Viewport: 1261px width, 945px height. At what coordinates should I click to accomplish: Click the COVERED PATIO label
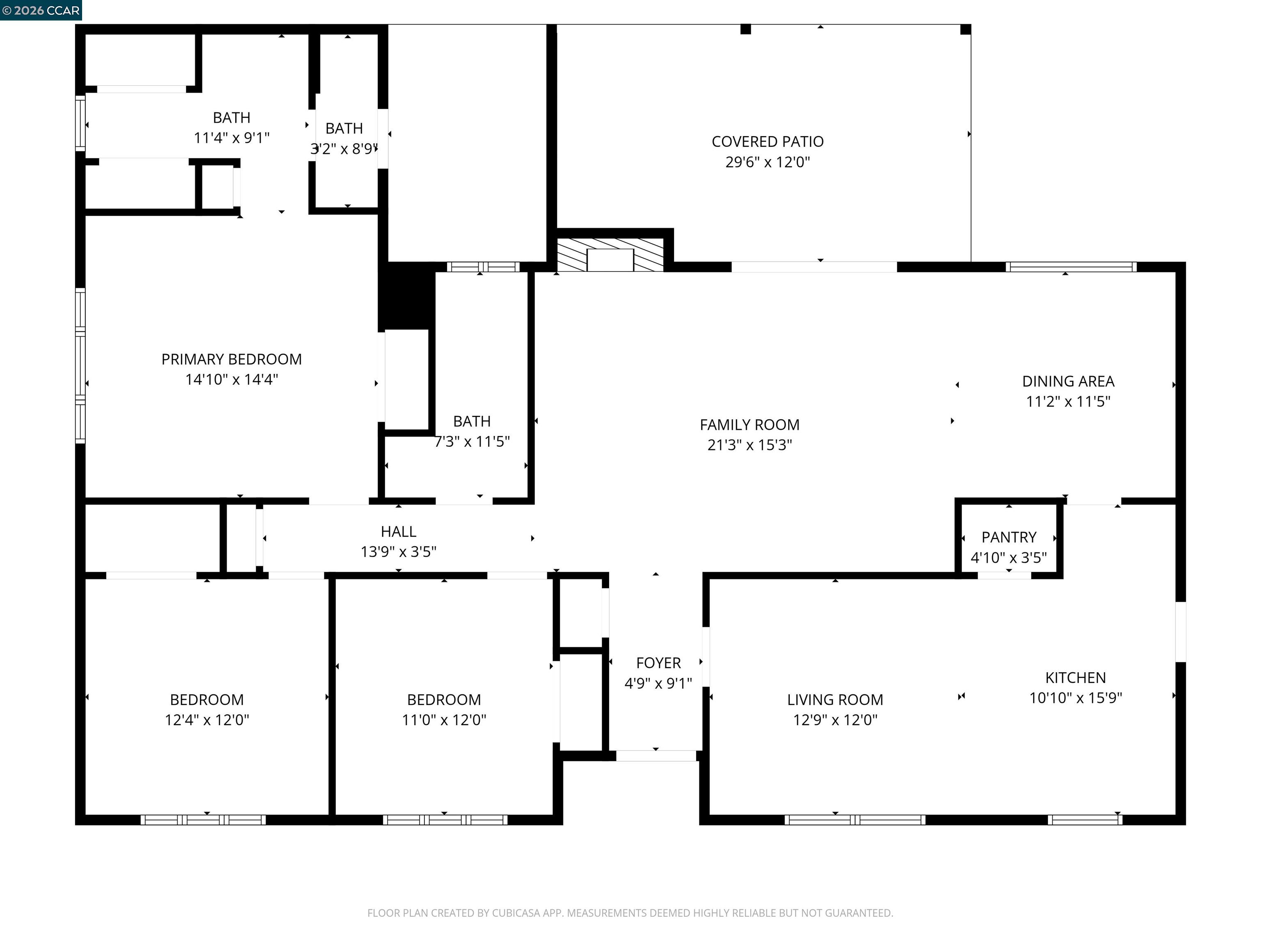(x=767, y=141)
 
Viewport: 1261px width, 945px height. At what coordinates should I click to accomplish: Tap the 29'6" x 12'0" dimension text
(x=767, y=162)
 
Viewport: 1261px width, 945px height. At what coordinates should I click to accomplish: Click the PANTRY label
(x=1009, y=537)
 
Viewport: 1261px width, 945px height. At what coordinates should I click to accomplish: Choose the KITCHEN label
(x=1075, y=677)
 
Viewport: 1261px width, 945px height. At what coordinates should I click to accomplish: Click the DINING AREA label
(x=1068, y=381)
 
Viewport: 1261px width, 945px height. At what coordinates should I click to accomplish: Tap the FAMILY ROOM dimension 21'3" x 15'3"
(x=750, y=445)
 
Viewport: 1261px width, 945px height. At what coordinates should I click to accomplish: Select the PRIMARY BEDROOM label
(x=232, y=359)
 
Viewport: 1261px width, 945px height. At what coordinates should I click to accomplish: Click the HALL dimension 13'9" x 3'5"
(x=399, y=551)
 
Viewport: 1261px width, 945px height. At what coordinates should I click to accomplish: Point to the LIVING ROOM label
(x=835, y=699)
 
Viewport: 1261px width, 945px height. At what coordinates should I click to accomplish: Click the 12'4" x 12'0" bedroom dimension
(x=207, y=720)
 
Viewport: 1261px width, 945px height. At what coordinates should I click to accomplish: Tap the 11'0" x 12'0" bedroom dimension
(x=444, y=720)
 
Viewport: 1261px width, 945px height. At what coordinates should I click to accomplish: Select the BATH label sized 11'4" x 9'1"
(x=232, y=117)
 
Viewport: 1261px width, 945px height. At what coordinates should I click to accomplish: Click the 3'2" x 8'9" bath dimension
(x=344, y=148)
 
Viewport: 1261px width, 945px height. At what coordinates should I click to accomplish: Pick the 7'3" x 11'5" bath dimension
(x=472, y=441)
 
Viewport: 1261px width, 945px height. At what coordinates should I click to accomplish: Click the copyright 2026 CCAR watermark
(x=41, y=10)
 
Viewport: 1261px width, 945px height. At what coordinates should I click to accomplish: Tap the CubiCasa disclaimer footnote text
(x=630, y=913)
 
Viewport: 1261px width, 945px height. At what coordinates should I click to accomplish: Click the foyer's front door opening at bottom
(x=656, y=756)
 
